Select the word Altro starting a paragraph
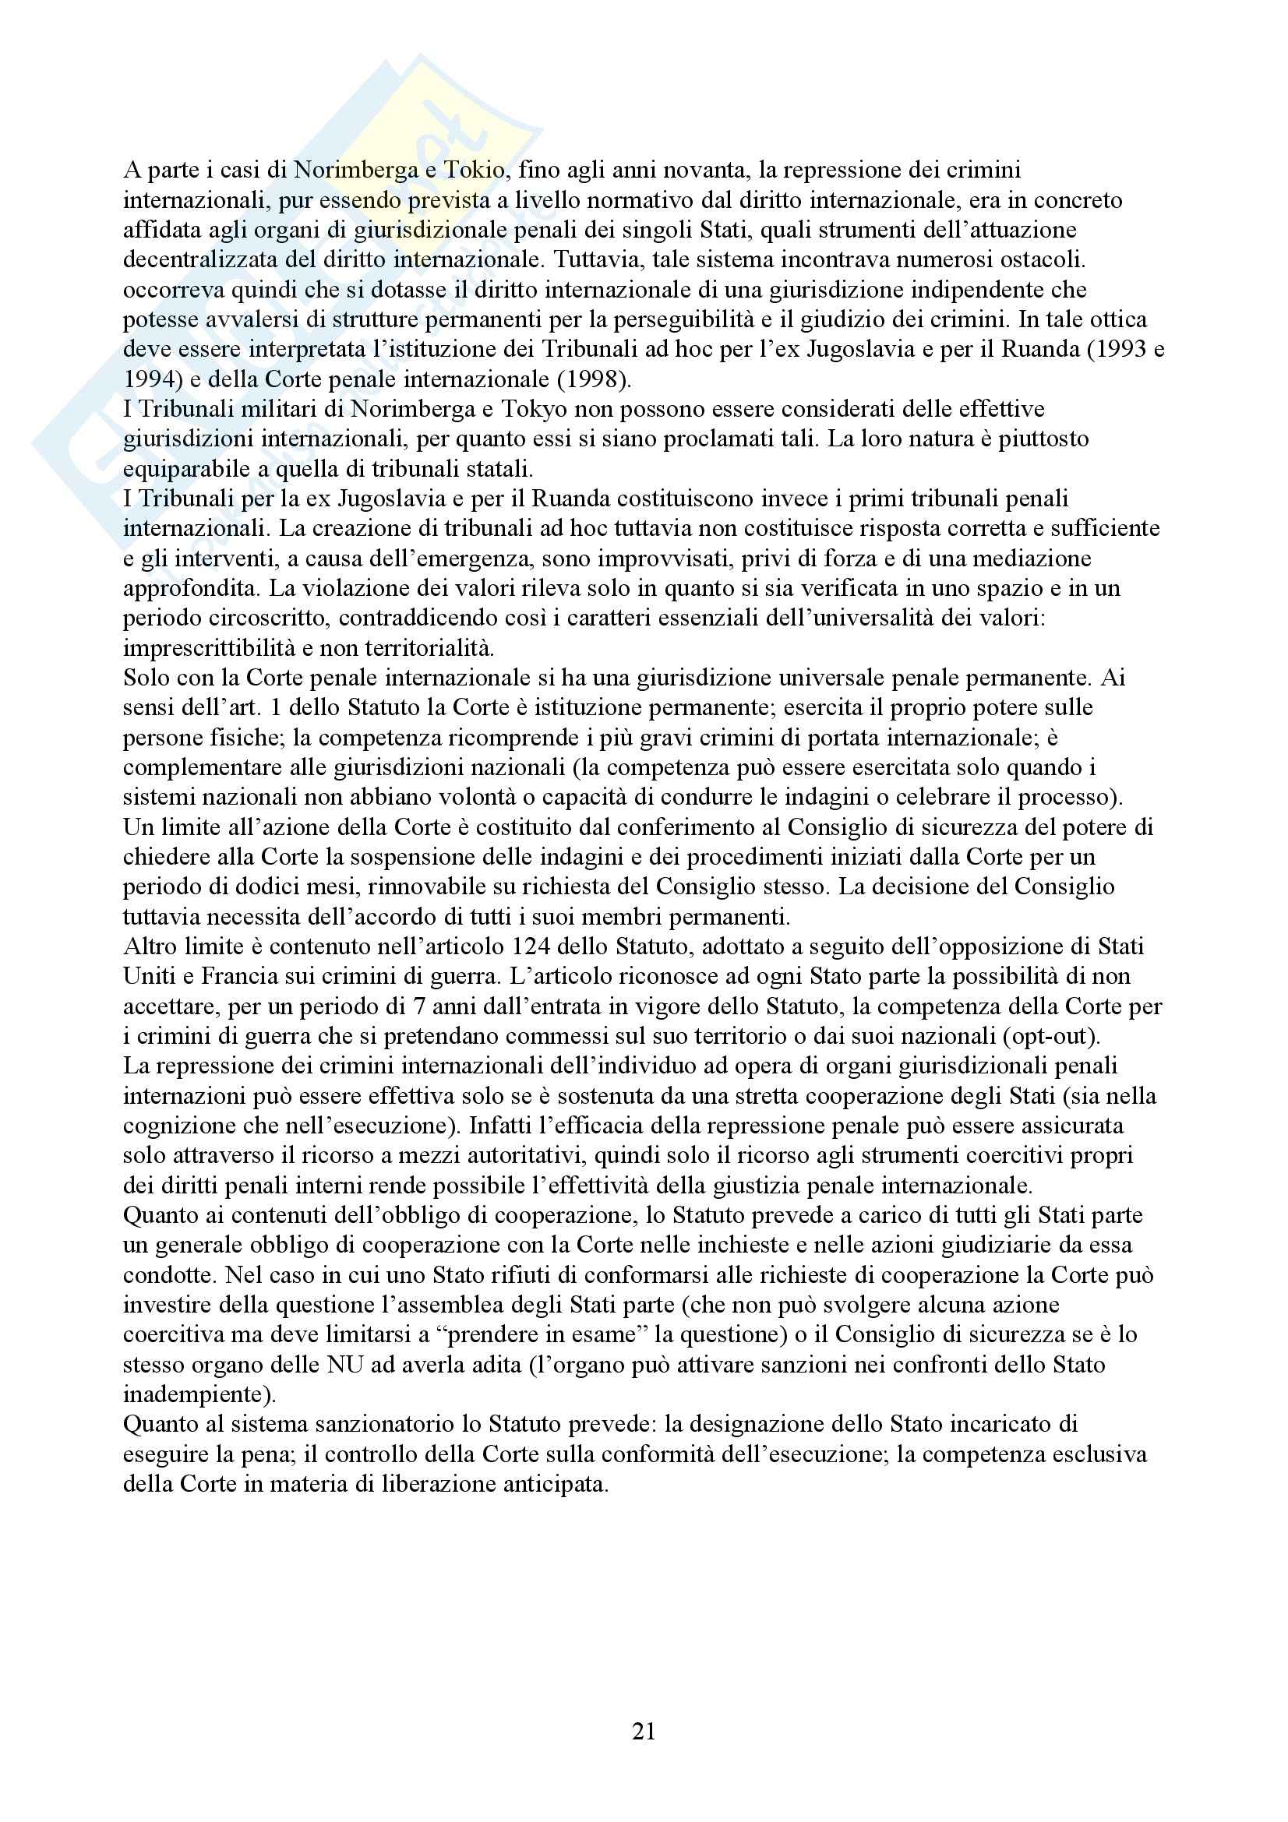(x=148, y=946)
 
